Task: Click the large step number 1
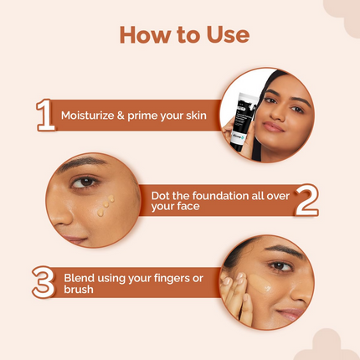[44, 116]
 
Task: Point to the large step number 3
[43, 282]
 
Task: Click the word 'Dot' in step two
[162, 195]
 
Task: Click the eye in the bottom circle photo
[281, 266]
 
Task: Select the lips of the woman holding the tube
[275, 126]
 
